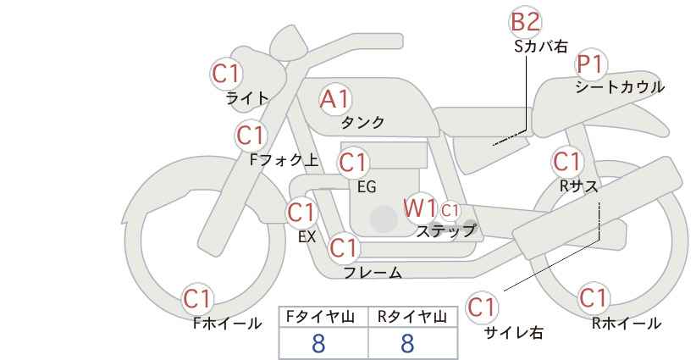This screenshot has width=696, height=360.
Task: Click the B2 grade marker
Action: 526,22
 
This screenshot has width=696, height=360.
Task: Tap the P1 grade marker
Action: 590,64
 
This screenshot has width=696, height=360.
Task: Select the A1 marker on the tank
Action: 335,99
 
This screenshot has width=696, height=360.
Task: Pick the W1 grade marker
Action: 419,208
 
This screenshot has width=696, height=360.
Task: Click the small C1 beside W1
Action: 450,210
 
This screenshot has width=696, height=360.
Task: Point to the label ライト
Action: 248,97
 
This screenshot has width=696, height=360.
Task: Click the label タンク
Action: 362,123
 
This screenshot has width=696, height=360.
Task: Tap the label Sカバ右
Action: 541,47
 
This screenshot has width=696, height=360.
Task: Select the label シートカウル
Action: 620,87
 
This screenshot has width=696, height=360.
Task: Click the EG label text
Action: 367,187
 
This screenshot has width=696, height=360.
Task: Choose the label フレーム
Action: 373,273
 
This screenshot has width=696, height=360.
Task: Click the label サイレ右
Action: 514,333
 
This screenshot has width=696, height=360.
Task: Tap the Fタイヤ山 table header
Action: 320,317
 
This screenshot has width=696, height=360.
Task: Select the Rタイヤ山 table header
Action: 412,317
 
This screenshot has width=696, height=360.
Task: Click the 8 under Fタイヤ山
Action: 318,344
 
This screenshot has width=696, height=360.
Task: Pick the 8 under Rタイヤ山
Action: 407,344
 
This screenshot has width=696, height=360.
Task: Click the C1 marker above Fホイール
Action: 197,299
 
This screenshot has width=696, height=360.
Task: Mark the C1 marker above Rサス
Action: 566,162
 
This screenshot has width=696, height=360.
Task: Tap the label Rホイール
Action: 627,324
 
